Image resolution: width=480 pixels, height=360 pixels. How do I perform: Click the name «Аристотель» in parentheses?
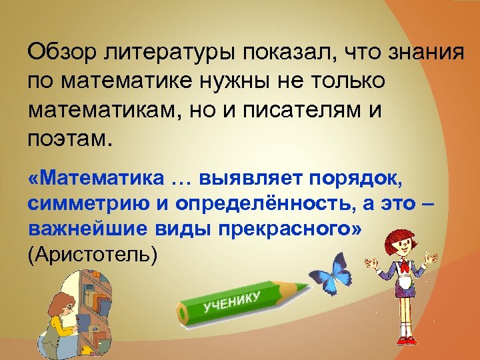click(x=93, y=254)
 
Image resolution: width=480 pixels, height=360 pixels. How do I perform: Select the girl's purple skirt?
click(x=403, y=288)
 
